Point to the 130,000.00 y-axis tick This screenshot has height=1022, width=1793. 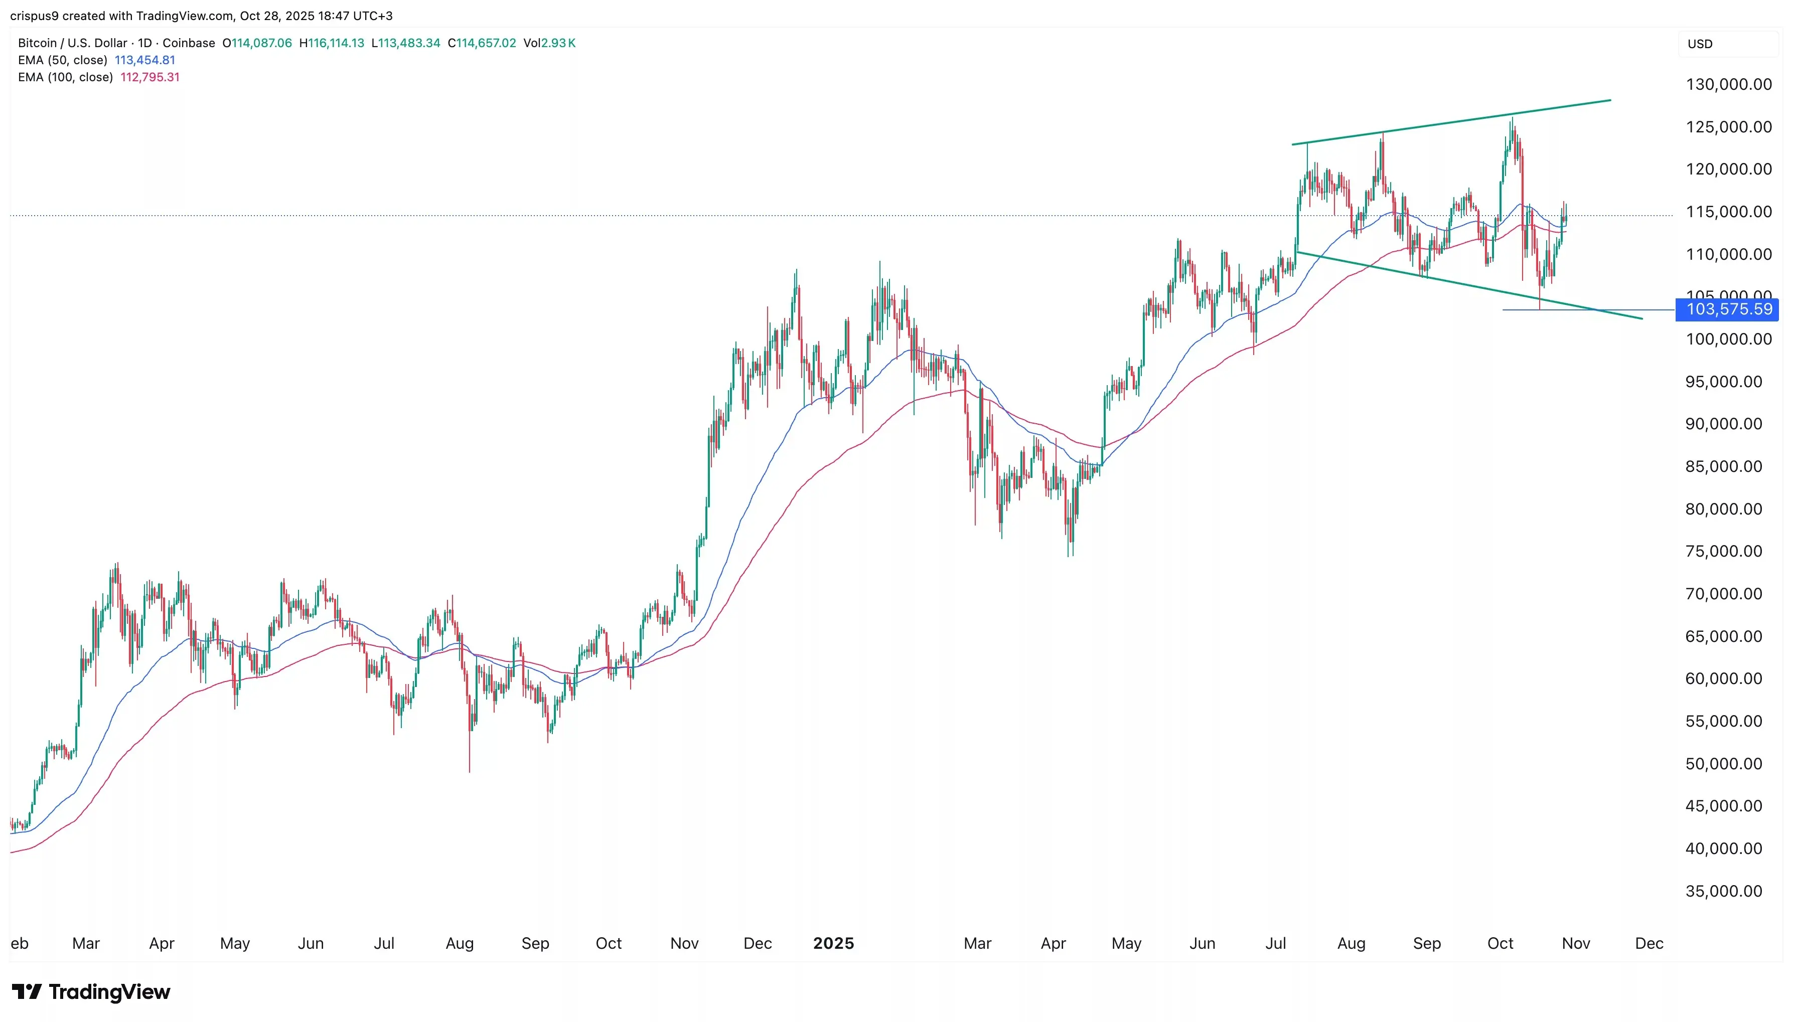(x=1728, y=84)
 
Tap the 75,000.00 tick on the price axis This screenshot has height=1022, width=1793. (x=1723, y=551)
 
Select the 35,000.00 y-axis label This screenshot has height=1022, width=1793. (x=1723, y=891)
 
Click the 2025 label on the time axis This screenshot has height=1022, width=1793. (x=833, y=943)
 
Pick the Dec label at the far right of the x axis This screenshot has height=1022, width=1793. (x=1649, y=943)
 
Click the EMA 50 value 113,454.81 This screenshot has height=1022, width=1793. (x=144, y=60)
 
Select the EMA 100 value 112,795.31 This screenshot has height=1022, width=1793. (x=150, y=77)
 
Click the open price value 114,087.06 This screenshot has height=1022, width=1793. (x=261, y=43)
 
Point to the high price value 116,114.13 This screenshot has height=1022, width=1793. (x=336, y=43)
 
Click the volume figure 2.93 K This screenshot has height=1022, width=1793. (x=558, y=43)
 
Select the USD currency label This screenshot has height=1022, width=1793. (x=1700, y=44)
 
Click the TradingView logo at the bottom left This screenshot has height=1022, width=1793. (x=91, y=992)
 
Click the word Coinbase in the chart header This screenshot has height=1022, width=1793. (x=189, y=43)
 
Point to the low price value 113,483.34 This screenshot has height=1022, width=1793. (x=409, y=43)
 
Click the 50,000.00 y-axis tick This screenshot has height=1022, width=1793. (x=1723, y=764)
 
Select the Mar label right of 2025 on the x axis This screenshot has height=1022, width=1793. (x=977, y=943)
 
